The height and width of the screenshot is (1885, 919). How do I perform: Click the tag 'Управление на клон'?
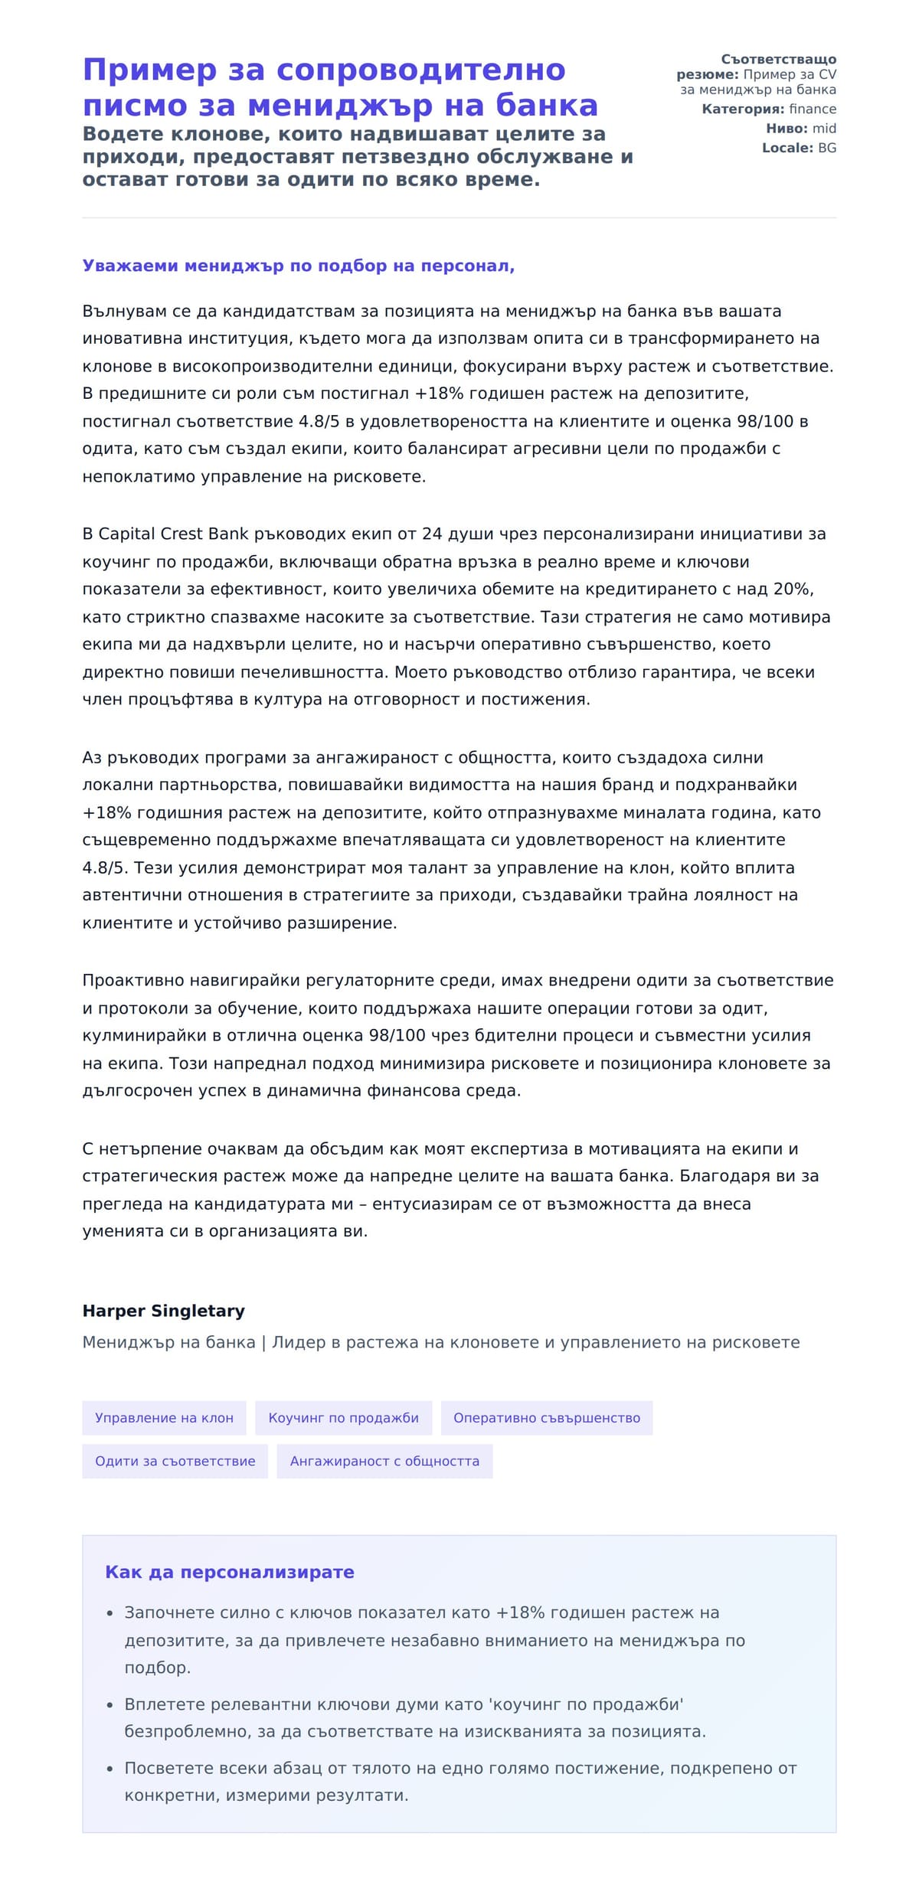164,1418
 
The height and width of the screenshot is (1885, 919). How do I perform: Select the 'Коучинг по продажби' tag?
343,1418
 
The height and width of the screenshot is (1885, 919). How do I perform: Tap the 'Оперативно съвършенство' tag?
546,1418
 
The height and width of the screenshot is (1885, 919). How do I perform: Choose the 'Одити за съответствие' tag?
175,1461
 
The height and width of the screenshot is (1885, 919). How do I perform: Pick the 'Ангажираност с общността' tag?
384,1461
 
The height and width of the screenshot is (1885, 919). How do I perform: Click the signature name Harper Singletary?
163,1311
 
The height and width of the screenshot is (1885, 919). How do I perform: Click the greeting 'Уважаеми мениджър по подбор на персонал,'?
298,266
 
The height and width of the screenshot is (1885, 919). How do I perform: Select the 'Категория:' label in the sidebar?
743,109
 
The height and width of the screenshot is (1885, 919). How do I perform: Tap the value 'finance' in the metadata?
813,109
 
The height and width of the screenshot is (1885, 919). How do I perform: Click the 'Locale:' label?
787,148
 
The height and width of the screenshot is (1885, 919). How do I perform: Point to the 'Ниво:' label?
787,129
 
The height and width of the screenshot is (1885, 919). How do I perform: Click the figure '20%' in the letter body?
792,589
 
